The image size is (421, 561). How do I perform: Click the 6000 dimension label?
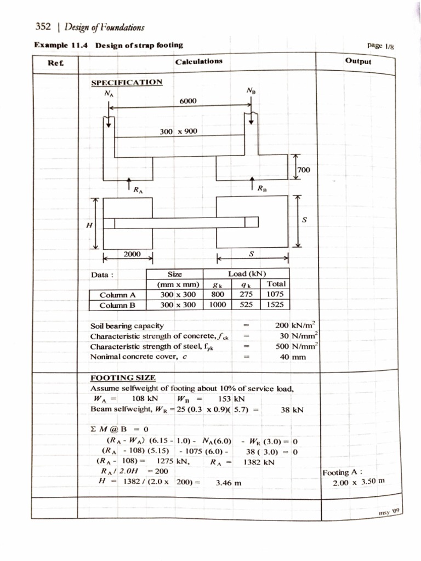point(188,101)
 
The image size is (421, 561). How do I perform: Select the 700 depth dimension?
point(303,170)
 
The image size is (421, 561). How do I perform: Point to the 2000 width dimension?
point(132,254)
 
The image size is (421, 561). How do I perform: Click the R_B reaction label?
point(264,190)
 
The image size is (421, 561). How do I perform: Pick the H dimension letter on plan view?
point(89,225)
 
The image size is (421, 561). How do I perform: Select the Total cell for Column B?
point(276,305)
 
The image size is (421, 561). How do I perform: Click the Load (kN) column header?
point(246,273)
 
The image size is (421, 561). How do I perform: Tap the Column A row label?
point(117,295)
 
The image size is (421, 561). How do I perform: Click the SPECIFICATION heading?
point(126,82)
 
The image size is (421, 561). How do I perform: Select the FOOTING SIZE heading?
point(123,378)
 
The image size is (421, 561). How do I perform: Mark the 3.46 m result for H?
point(229,483)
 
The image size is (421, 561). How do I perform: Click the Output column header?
point(359,61)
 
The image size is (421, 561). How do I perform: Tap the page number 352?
point(43,26)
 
